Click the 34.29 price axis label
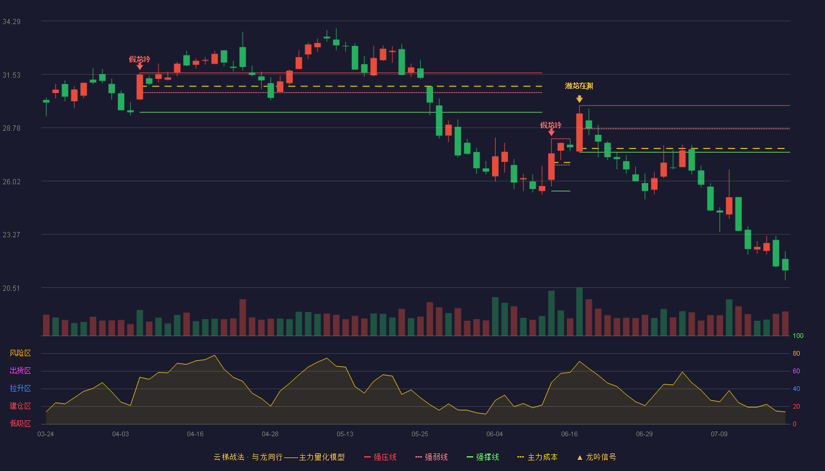click(x=11, y=22)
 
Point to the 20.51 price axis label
click(x=11, y=288)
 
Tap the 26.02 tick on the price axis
click(x=11, y=182)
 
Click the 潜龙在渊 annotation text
click(x=579, y=86)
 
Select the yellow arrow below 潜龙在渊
click(x=579, y=99)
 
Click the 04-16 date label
click(x=195, y=434)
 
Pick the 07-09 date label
click(x=719, y=434)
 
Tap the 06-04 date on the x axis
click(x=494, y=434)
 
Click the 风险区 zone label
click(x=20, y=353)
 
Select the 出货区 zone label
click(x=20, y=370)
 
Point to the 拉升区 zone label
click(x=20, y=388)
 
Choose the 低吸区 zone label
click(x=20, y=423)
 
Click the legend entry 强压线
click(x=380, y=457)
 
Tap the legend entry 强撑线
click(x=483, y=457)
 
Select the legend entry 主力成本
click(x=537, y=457)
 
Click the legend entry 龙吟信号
click(x=596, y=457)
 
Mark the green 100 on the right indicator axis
click(x=798, y=336)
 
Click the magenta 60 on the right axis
click(x=796, y=371)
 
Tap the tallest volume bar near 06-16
click(x=579, y=311)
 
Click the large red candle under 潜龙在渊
click(x=579, y=132)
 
